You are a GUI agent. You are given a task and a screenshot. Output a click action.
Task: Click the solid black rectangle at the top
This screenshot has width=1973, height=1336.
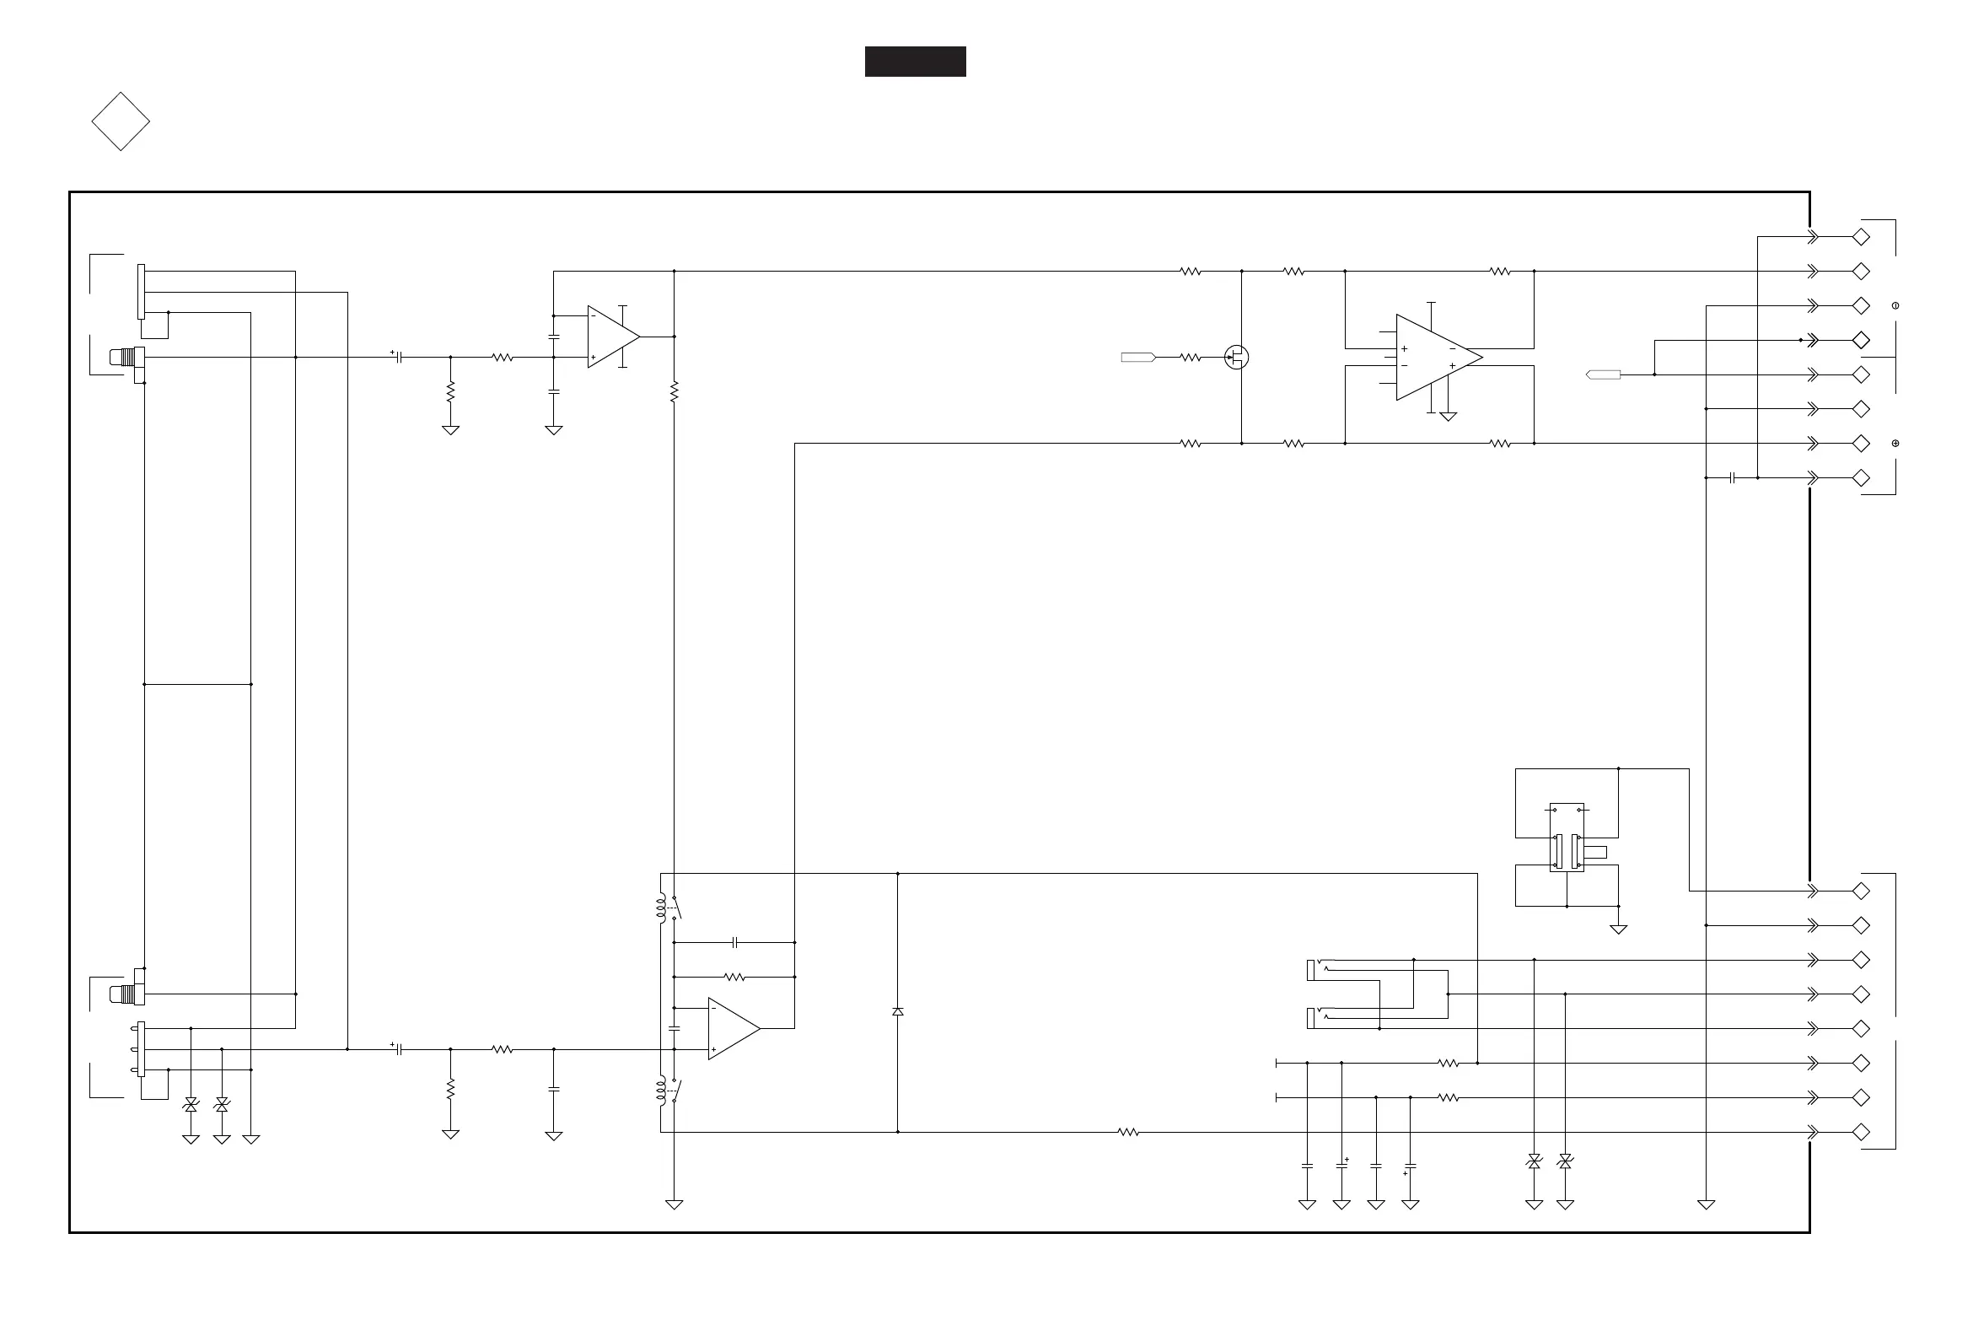tap(914, 62)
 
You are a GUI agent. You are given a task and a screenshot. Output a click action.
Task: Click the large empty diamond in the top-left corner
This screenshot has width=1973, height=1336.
tap(121, 121)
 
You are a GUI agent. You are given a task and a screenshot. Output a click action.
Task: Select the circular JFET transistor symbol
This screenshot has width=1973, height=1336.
tap(1236, 358)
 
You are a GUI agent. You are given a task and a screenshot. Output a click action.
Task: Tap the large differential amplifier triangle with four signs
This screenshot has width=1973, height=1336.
tap(1436, 358)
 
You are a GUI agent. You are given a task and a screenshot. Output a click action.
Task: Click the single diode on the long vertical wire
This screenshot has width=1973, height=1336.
tap(897, 1011)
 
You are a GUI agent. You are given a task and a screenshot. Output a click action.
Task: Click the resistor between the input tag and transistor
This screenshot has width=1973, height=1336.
tap(1191, 358)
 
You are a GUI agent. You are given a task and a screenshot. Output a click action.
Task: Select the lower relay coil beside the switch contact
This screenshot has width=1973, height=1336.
tap(660, 1091)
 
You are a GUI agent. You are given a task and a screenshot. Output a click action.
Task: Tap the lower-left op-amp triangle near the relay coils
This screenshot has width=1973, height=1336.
tap(732, 1028)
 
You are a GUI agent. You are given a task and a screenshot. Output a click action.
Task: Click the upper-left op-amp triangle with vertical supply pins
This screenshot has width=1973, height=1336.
tap(611, 337)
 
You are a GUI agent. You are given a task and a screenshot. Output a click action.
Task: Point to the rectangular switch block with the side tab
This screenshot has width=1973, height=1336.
tap(1567, 838)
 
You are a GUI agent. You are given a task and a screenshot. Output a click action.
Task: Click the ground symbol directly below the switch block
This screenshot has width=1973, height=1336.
tap(1618, 929)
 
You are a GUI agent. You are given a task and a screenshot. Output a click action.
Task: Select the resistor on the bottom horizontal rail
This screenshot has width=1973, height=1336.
tap(1127, 1132)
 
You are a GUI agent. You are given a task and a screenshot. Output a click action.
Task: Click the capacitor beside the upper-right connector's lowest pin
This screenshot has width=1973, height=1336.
tap(1732, 478)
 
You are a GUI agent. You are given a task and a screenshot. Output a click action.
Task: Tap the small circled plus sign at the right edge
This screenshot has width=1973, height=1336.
tap(1895, 444)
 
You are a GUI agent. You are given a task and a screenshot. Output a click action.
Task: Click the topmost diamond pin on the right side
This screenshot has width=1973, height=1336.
tap(1860, 237)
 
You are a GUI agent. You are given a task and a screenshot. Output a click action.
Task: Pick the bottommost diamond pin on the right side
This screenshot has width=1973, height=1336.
tap(1860, 1132)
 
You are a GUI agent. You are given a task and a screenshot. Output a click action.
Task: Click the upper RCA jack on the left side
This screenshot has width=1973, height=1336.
tap(126, 358)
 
